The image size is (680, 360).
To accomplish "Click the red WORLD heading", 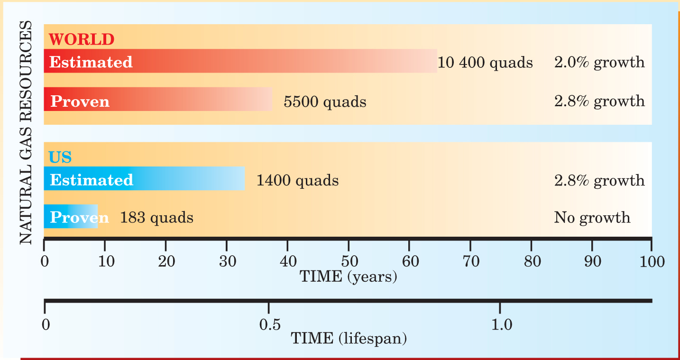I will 82,39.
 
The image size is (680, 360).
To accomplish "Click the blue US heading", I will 60,157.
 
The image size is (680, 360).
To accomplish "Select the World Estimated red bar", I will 240,61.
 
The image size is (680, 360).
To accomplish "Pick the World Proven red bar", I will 157,100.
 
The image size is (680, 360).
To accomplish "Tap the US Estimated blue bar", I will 144,179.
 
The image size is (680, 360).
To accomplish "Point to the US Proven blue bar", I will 71,217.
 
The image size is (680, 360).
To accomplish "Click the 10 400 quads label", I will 485,63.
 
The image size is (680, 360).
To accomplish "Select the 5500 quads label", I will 325,102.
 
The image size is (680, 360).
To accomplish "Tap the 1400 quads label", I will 297,180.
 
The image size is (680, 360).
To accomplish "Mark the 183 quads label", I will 156,218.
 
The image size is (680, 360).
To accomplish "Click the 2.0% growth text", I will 599,62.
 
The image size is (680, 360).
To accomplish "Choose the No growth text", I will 592,218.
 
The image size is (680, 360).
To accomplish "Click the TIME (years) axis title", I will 348,276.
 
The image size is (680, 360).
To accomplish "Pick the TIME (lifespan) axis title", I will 349,338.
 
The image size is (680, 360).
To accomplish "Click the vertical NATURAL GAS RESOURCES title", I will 27,133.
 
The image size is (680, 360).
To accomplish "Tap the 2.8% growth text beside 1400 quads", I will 599,180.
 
